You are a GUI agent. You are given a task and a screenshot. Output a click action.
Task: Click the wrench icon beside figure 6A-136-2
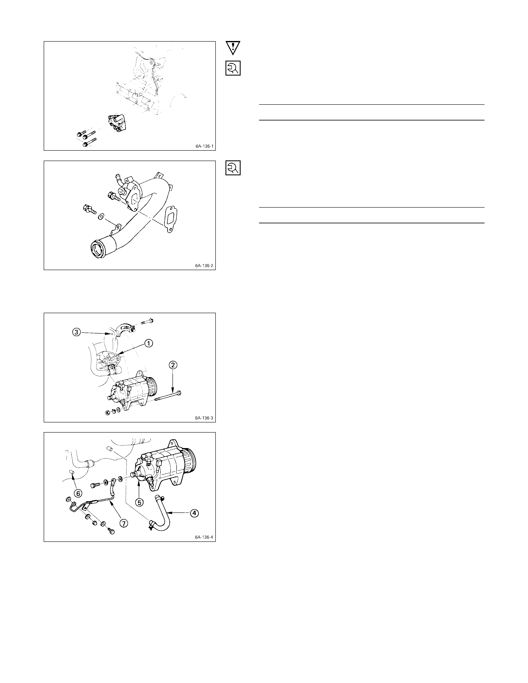click(x=233, y=168)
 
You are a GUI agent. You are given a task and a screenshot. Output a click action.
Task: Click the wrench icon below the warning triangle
click(x=233, y=68)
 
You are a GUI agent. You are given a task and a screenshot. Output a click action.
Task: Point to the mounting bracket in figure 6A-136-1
click(x=116, y=124)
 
